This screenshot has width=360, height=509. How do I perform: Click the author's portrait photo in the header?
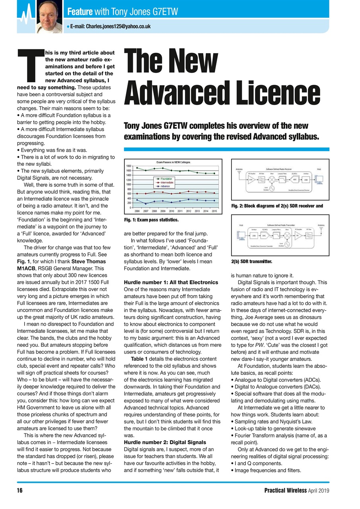coord(49,17)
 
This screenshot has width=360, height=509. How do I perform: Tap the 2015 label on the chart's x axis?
coord(214,212)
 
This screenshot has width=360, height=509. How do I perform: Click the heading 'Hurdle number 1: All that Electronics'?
coord(171,282)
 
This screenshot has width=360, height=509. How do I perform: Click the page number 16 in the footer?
coord(19,490)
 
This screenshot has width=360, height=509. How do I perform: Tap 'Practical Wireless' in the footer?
coord(285,490)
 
